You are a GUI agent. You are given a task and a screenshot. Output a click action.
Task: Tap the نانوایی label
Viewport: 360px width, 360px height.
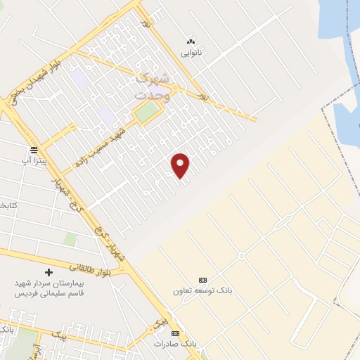tap(191, 53)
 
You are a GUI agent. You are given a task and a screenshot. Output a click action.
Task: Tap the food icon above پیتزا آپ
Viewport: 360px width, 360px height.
tap(34, 150)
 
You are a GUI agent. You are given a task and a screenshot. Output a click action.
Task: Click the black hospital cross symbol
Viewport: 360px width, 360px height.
tap(48, 271)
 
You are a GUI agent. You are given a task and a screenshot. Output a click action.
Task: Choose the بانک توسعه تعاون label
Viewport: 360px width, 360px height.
tap(202, 290)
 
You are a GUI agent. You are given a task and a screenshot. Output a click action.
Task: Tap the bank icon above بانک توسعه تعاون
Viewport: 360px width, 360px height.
tap(203, 279)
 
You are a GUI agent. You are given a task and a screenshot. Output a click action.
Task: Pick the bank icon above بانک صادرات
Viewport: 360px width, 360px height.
tap(176, 333)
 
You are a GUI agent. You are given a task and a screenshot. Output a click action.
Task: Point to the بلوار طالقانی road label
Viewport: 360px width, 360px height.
tap(89, 266)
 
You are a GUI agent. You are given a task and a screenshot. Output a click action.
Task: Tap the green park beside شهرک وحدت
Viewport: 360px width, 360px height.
tap(147, 112)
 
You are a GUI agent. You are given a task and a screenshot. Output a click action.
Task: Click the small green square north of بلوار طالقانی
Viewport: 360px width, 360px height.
tap(70, 239)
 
